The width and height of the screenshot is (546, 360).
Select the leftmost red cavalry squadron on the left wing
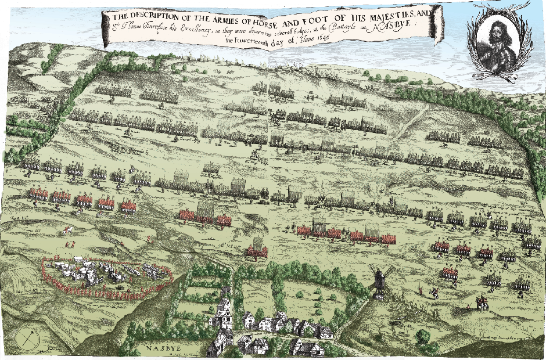[38, 195]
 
